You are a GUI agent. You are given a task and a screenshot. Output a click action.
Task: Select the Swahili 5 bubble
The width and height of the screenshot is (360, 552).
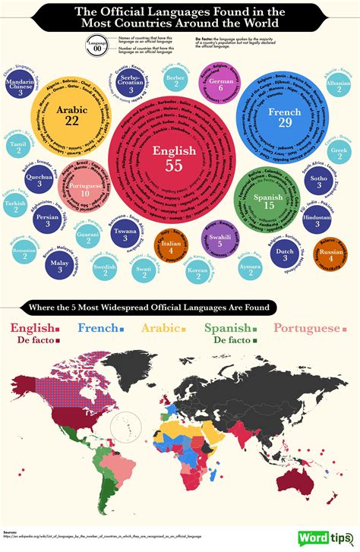220,241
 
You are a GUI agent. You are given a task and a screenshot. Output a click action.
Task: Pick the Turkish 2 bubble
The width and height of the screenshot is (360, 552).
15,207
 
